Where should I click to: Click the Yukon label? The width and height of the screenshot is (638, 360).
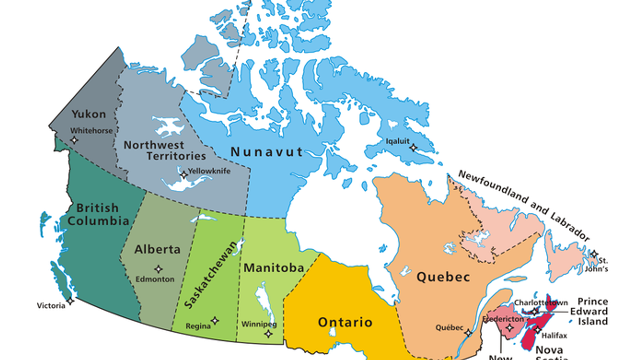pyautogui.click(x=89, y=114)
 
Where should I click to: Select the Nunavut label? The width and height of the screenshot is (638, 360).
pyautogui.click(x=266, y=151)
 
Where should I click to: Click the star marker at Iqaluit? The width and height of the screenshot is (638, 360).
pyautogui.click(x=413, y=148)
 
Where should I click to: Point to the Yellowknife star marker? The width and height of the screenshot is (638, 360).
pyautogui.click(x=183, y=175)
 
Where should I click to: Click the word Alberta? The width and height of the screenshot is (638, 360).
pyautogui.click(x=157, y=250)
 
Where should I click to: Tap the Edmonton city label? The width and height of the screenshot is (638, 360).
pyautogui.click(x=155, y=279)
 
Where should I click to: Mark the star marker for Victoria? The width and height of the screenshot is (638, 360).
pyautogui.click(x=70, y=301)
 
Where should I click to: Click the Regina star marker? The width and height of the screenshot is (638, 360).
pyautogui.click(x=215, y=321)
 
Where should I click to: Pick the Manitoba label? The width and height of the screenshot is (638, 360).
pyautogui.click(x=274, y=268)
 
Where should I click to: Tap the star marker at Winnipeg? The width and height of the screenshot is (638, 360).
pyautogui.click(x=269, y=334)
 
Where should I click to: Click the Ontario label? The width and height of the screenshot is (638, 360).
pyautogui.click(x=345, y=323)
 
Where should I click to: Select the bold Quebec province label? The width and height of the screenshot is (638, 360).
pyautogui.click(x=443, y=277)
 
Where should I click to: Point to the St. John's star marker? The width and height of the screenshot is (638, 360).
pyautogui.click(x=593, y=254)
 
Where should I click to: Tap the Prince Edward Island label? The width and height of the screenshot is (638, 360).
pyautogui.click(x=592, y=311)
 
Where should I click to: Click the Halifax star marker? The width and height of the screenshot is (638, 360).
pyautogui.click(x=537, y=330)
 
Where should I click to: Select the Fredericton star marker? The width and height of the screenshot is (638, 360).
pyautogui.click(x=509, y=328)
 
